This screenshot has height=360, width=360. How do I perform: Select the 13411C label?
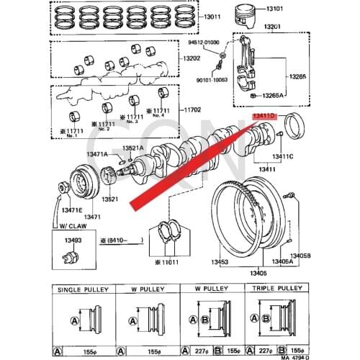pyautogui.click(x=283, y=156)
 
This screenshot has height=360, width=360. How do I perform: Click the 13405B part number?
pyautogui.click(x=300, y=255)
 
